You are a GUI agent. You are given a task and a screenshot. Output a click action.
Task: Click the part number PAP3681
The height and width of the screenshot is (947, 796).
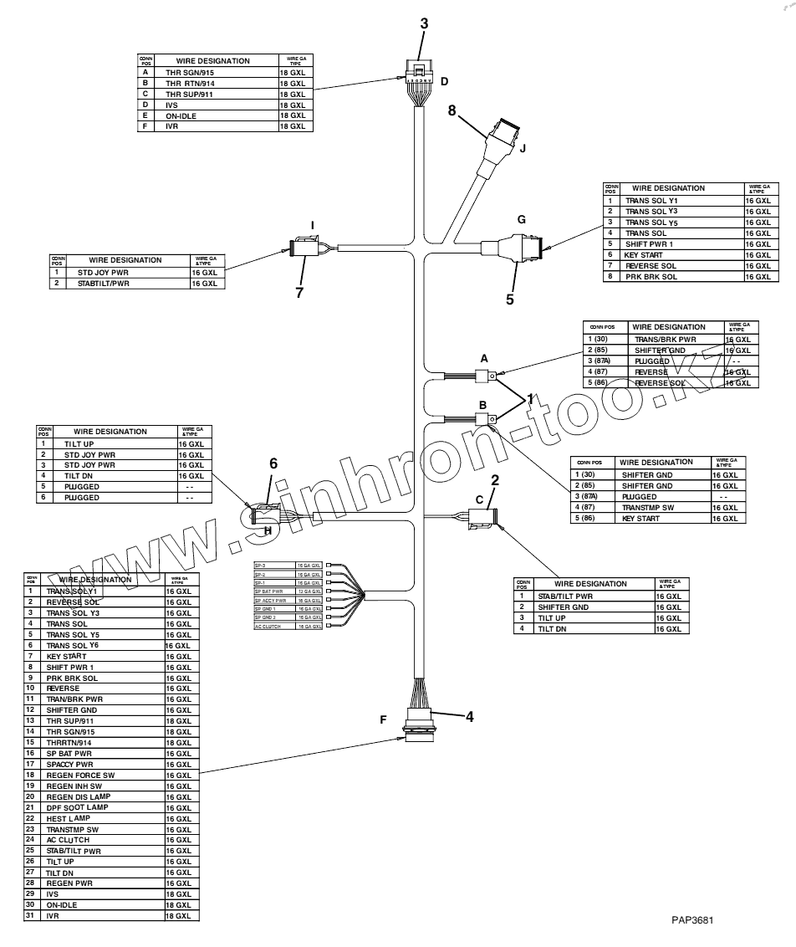pos(692,920)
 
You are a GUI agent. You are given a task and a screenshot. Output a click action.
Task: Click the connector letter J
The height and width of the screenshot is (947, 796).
pos(522,151)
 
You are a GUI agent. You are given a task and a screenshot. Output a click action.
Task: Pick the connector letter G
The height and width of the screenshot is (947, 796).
pos(521,219)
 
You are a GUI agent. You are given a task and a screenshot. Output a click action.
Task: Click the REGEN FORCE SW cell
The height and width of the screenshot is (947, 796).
pos(80,776)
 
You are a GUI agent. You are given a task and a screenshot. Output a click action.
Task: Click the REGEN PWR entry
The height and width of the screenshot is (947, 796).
pos(69,883)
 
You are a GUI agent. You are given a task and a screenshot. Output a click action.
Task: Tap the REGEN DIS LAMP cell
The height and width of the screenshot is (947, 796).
pos(79,796)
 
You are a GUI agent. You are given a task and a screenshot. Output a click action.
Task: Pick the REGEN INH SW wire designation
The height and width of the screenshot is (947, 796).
pos(75,786)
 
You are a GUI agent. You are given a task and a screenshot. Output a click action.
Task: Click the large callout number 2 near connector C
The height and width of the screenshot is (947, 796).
pos(495,480)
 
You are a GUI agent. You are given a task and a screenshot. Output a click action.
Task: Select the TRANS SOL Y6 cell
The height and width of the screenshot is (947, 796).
pos(73,646)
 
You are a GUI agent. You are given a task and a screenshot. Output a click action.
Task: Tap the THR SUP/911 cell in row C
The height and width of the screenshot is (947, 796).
pos(191,95)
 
